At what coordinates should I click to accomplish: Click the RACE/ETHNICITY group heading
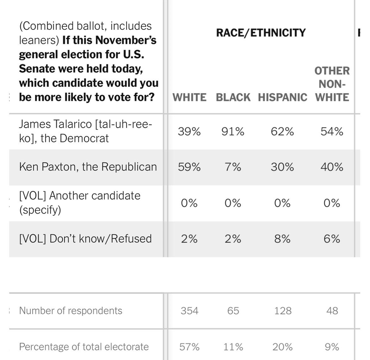[x=261, y=33]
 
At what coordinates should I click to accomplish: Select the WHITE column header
[x=190, y=97]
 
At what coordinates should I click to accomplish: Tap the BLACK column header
[x=233, y=97]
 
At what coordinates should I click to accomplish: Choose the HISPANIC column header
[x=283, y=97]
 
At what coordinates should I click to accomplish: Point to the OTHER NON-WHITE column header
[x=332, y=84]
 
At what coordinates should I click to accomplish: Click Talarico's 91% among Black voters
[x=233, y=132]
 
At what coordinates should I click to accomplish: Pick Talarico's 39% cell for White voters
[x=189, y=132]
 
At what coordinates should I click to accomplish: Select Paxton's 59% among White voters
[x=189, y=167]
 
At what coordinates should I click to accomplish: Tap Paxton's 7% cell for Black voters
[x=233, y=167]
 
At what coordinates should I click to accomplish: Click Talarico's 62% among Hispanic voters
[x=282, y=132]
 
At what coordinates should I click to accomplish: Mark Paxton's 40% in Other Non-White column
[x=332, y=167]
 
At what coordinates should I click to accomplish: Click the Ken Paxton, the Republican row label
[x=88, y=167]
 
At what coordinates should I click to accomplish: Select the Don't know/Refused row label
[x=85, y=239]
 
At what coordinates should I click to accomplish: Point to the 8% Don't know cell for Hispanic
[x=282, y=239]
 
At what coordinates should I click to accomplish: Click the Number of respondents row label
[x=71, y=311]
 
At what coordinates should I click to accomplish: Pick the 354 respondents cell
[x=190, y=311]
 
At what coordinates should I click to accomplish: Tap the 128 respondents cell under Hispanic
[x=283, y=311]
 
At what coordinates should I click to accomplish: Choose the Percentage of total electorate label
[x=84, y=347]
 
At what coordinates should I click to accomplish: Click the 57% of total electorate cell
[x=189, y=347]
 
